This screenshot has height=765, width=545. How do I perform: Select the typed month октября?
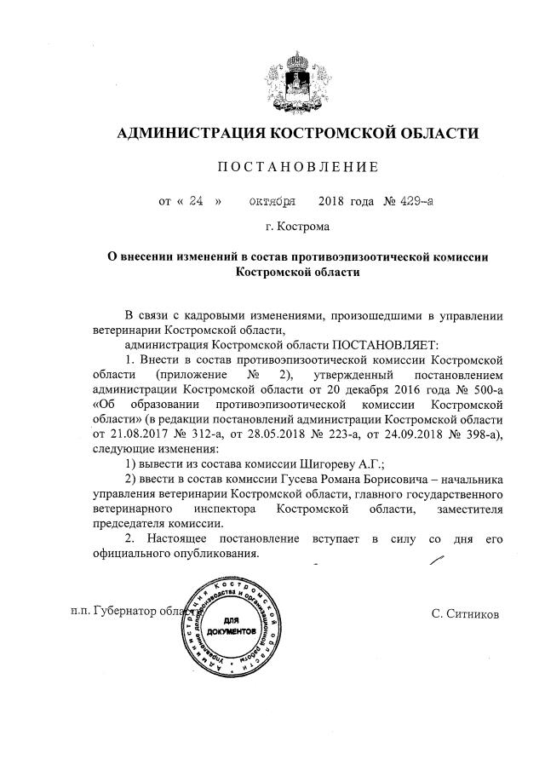pos(273,202)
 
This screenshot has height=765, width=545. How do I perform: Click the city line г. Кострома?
pos(297,227)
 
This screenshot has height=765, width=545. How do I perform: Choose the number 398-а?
pos(479,434)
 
